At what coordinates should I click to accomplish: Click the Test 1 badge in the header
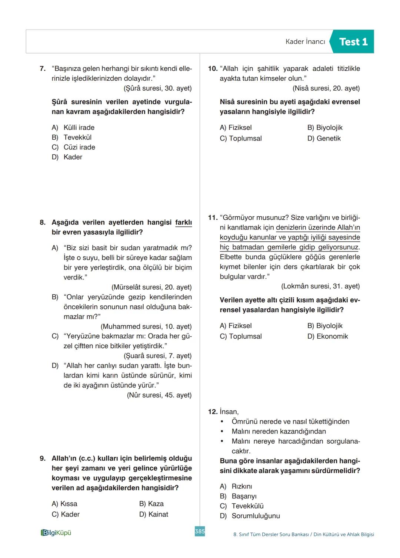(353, 42)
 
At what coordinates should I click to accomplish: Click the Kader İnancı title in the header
(305, 42)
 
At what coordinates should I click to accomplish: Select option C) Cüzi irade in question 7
(74, 147)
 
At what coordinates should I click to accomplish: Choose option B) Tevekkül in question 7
(72, 137)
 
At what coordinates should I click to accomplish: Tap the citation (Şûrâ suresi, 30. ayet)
(157, 88)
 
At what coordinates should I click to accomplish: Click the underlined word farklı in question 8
(183, 223)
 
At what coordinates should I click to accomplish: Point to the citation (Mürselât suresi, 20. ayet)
(151, 287)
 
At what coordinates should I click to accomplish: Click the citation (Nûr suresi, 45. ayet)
(159, 395)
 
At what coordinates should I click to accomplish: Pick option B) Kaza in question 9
(151, 504)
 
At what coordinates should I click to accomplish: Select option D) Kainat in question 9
(153, 514)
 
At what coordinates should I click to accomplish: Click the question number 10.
(213, 69)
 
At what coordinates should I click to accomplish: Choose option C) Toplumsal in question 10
(241, 138)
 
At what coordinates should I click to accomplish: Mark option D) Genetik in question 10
(324, 138)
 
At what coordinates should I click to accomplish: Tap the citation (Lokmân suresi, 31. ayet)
(320, 286)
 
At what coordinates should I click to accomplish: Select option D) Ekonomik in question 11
(327, 337)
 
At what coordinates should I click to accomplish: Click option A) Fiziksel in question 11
(236, 326)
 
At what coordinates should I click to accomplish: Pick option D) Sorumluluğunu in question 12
(250, 516)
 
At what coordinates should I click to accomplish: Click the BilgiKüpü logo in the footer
(56, 533)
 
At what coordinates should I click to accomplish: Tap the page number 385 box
(200, 531)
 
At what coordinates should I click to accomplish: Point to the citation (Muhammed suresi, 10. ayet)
(146, 327)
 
